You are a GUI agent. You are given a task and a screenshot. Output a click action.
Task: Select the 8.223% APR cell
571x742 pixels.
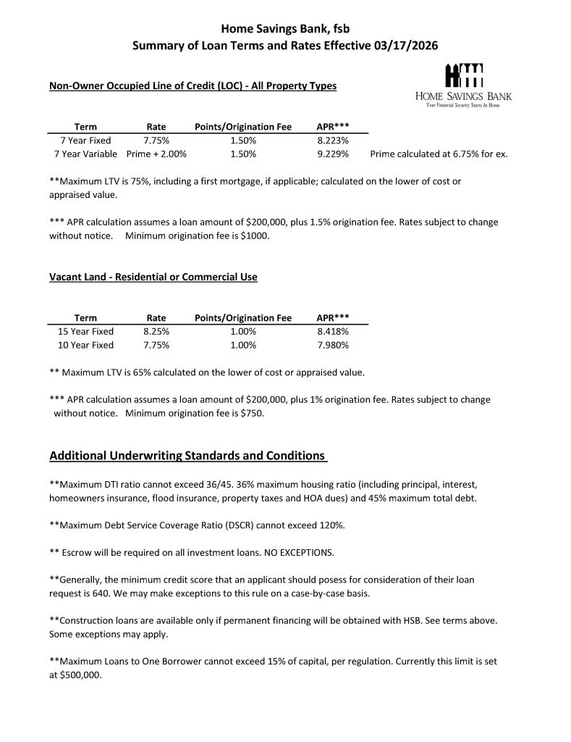pyautogui.click(x=333, y=141)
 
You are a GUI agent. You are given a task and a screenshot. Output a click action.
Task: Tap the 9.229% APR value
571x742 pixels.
pyautogui.click(x=333, y=154)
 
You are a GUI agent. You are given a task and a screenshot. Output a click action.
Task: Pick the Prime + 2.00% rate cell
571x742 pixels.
pyautogui.click(x=156, y=154)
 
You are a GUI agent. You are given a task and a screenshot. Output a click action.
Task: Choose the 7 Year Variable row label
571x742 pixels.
pyautogui.click(x=85, y=154)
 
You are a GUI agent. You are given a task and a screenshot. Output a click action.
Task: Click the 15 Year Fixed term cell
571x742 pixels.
pyautogui.click(x=85, y=331)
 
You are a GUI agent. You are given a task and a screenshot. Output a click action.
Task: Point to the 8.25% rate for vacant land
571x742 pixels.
pyautogui.click(x=156, y=331)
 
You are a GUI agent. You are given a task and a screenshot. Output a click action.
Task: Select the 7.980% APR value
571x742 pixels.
pyautogui.click(x=333, y=345)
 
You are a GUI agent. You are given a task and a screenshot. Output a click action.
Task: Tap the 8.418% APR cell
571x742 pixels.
pyautogui.click(x=333, y=331)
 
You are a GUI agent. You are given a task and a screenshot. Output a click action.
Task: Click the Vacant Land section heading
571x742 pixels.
pyautogui.click(x=153, y=277)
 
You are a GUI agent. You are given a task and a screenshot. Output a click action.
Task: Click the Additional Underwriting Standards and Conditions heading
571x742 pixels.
pyautogui.click(x=187, y=456)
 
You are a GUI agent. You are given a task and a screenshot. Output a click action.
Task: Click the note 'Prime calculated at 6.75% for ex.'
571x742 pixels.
pyautogui.click(x=438, y=154)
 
